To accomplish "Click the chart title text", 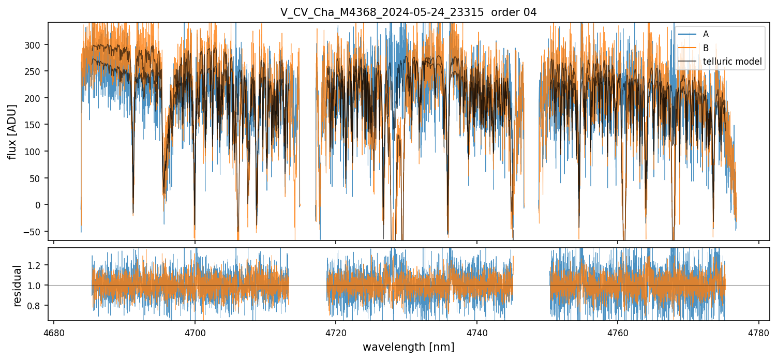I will pyautogui.click(x=408, y=12).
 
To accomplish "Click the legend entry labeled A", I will pyautogui.click(x=706, y=34).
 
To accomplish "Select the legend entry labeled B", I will pyautogui.click(x=706, y=48).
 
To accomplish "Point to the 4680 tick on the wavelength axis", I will pyautogui.click(x=54, y=332).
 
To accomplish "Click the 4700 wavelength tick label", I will pyautogui.click(x=195, y=332).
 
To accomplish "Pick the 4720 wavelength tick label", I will pyautogui.click(x=336, y=332).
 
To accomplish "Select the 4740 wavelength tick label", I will pyautogui.click(x=476, y=332).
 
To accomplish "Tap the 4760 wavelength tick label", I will pyautogui.click(x=618, y=332).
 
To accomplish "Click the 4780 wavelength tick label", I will pyautogui.click(x=758, y=332).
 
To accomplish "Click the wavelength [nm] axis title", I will pyautogui.click(x=408, y=347).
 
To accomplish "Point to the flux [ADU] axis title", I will pyautogui.click(x=12, y=131).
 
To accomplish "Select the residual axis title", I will pyautogui.click(x=17, y=286).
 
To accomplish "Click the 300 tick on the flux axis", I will pyautogui.click(x=33, y=44).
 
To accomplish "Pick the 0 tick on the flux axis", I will pyautogui.click(x=37, y=205).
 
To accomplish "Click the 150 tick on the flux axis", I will pyautogui.click(x=33, y=125).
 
